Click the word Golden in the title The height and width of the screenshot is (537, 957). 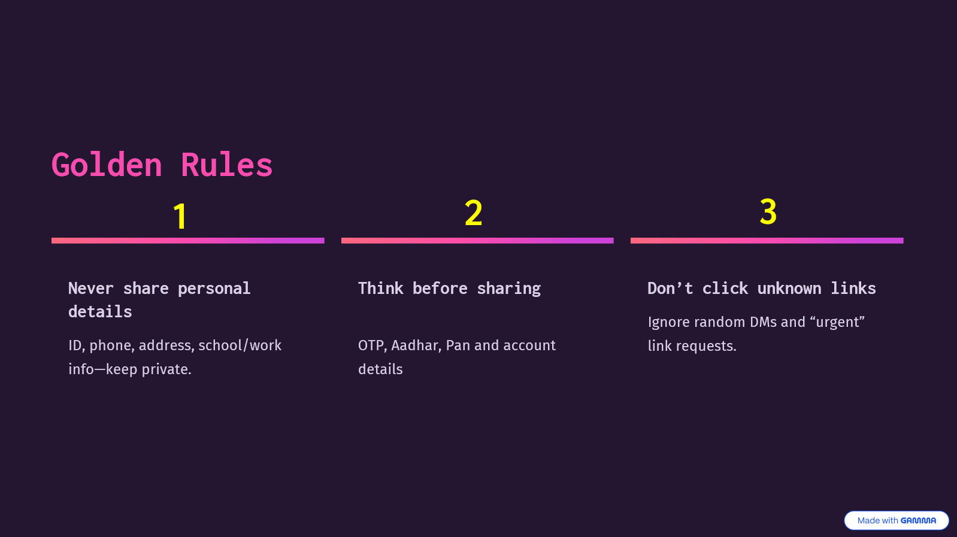tap(107, 165)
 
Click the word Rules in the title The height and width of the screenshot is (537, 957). tap(227, 165)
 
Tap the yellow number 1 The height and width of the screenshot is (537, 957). tap(180, 217)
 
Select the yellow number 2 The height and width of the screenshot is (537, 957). tap(473, 213)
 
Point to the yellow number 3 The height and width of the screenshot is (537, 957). tap(768, 211)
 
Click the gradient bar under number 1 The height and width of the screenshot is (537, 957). tap(188, 241)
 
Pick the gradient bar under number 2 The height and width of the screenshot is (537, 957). tap(477, 241)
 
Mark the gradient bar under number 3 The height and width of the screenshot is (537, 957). tap(767, 241)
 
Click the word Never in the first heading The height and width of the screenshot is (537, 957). tap(91, 289)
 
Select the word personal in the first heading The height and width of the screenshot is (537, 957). tap(214, 289)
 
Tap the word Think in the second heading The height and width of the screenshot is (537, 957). tap(381, 289)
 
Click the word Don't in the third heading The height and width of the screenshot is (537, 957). tap(670, 289)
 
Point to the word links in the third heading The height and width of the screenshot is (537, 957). tap(853, 289)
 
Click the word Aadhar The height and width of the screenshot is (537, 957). tap(415, 345)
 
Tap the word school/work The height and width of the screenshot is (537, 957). tap(240, 345)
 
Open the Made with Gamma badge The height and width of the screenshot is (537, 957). tap(897, 520)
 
